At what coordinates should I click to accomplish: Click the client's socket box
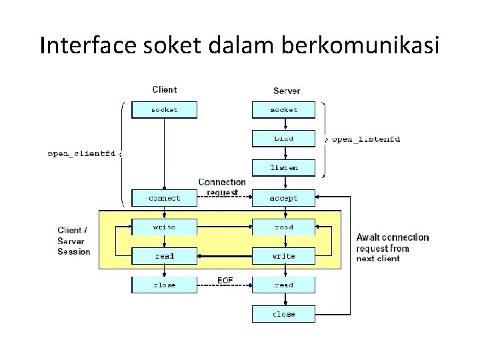tap(164, 109)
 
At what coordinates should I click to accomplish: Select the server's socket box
tap(283, 109)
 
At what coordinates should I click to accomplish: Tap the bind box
tap(283, 139)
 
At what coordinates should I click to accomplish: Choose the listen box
tap(283, 168)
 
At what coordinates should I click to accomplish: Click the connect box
tap(164, 198)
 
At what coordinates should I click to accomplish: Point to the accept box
tap(283, 198)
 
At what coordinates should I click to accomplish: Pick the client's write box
tap(164, 227)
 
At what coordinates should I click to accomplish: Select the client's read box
tap(164, 256)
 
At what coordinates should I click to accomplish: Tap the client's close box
tap(164, 285)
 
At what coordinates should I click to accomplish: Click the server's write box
tap(283, 256)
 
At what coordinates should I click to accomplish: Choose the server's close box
tap(283, 313)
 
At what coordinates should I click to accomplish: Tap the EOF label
tap(225, 279)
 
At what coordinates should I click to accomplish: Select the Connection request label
tap(222, 187)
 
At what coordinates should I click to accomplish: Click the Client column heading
tap(165, 89)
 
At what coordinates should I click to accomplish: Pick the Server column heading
tap(287, 90)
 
